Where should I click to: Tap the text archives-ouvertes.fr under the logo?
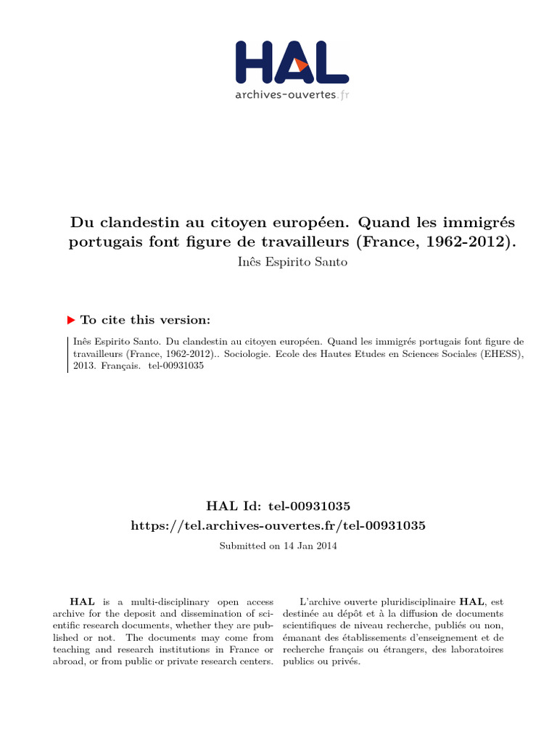coord(292,95)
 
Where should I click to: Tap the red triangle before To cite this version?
coord(71,319)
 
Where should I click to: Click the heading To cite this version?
coord(146,320)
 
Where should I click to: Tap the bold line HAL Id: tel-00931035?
coord(278,505)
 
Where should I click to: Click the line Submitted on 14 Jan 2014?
coord(278,546)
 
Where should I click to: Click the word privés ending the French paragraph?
coord(345,662)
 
